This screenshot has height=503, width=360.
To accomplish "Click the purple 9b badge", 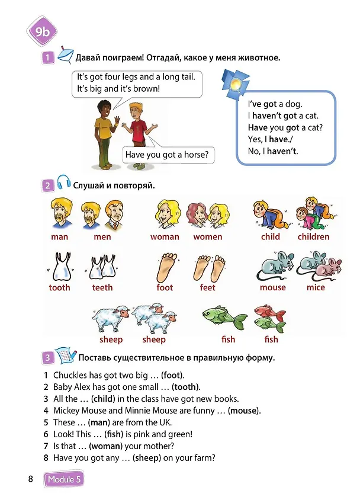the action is pos(42,31).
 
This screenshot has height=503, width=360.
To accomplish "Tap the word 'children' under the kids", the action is pos(313,236).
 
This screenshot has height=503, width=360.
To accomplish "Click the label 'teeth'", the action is pos(102,287).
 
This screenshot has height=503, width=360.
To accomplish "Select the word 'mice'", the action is pos(316,287).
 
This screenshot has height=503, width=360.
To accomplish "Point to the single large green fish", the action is pos(224,317).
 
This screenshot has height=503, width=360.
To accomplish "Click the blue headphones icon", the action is pos(63,182).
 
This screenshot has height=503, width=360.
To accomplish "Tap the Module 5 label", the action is pos(64,479).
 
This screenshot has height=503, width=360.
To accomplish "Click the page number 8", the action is pos(30,479).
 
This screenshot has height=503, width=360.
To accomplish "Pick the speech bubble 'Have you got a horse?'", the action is pos(168,155).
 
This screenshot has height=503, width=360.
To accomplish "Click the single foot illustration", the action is pos(167,267).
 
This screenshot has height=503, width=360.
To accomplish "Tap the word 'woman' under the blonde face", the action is pos(165,236).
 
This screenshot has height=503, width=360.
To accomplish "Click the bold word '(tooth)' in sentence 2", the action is pos(187,387).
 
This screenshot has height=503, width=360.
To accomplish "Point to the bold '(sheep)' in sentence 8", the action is pos(146,458).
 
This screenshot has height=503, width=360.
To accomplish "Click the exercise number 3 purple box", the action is pos(48,357).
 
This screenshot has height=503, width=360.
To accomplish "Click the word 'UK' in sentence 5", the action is pos(165,422).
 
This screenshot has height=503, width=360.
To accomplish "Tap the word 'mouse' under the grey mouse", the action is pos(272,287).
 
